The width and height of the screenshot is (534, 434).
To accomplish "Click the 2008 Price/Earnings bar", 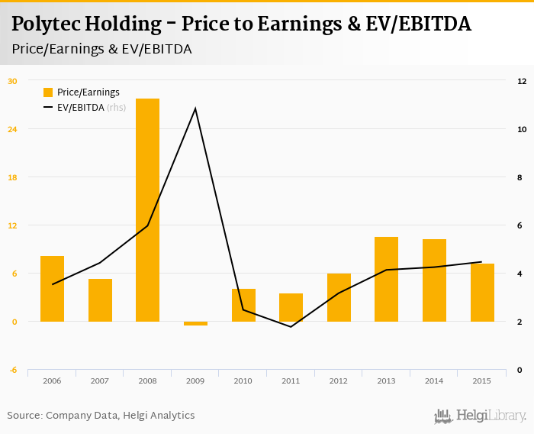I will pos(147,210).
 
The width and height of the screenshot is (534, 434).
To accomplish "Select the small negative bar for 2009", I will pos(195,323).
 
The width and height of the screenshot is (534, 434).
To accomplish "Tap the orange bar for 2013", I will pos(386,279).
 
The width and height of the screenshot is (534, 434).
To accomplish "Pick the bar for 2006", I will pos(52,289).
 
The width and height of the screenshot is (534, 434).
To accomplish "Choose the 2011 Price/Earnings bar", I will pos(291,307).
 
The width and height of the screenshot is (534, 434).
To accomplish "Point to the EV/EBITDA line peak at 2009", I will pos(195,108).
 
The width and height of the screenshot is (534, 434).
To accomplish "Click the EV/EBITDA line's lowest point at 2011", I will pos(291,327).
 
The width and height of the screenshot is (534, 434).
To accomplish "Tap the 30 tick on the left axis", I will pos(12,81).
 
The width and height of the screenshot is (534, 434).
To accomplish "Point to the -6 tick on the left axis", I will pos(12,370).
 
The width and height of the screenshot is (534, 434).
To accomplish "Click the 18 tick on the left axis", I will pos(12,177).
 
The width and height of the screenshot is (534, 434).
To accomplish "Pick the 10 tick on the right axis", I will pos(522,129).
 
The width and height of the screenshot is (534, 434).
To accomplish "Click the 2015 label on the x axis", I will pos(481,381).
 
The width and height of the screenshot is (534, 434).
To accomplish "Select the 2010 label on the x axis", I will pos(243,381).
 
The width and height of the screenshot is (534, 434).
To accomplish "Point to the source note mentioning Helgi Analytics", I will pos(101,416).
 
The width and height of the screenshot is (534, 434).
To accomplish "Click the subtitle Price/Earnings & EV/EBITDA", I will pos(101,49).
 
